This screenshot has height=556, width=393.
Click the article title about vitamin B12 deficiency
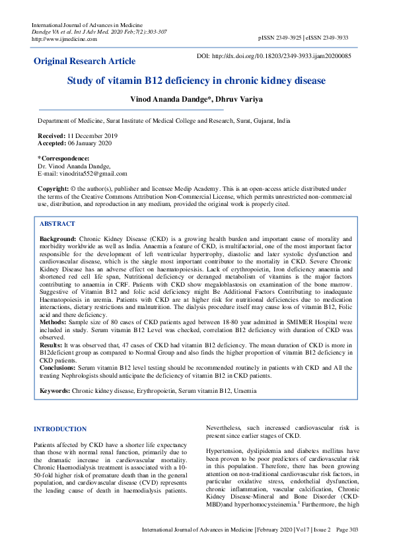tap(196, 81)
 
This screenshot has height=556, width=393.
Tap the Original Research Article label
tap(85, 61)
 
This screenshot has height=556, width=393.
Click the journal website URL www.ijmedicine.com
tap(64, 38)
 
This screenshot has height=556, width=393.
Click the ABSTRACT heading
tap(57, 224)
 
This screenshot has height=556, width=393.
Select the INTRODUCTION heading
tap(60, 429)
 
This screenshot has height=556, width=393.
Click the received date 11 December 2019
tap(92, 135)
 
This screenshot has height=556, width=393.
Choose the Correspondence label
tap(64, 158)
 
